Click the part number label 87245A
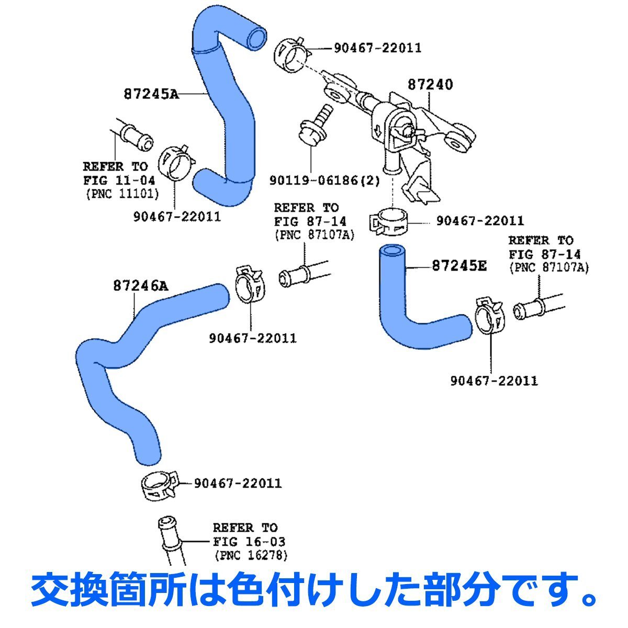(151, 94)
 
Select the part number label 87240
(430, 84)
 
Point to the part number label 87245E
(459, 266)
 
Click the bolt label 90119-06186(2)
(324, 181)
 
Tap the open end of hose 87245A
(256, 38)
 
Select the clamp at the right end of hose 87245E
(489, 316)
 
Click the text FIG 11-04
(119, 181)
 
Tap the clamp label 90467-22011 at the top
(377, 48)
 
